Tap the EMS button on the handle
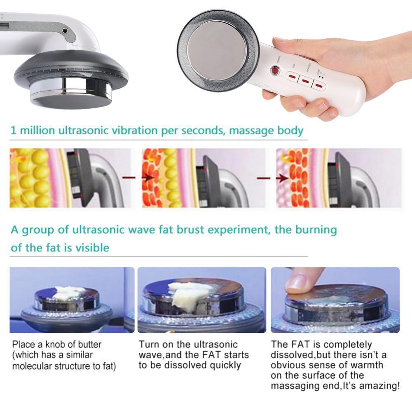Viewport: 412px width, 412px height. [291, 76]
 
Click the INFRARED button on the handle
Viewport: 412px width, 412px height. [306, 81]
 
